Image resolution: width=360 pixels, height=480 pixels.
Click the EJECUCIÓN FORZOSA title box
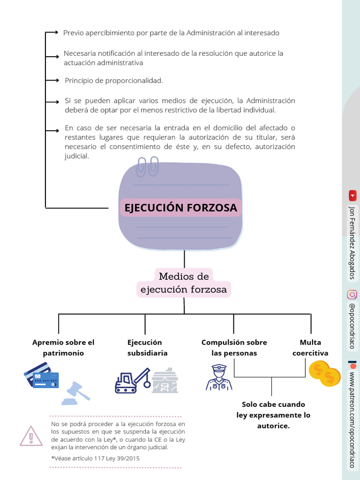[x=180, y=207]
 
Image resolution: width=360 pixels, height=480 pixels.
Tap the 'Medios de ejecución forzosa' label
[x=184, y=283]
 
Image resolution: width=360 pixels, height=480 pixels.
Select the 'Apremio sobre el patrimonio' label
[x=63, y=347]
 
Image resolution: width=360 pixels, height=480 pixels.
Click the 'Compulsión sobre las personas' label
[x=234, y=347]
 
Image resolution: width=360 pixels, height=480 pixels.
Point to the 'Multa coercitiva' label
[x=310, y=347]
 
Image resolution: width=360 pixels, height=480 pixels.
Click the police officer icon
[x=218, y=377]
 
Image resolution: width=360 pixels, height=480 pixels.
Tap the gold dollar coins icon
[x=324, y=374]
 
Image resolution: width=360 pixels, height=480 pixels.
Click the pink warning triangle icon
[x=31, y=436]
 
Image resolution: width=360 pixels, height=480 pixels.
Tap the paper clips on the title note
[x=148, y=167]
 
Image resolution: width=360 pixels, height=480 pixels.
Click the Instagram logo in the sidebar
[x=352, y=294]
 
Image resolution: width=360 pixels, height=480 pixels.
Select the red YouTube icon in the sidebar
[x=352, y=195]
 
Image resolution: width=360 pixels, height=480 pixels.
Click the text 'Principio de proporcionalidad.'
[x=114, y=81]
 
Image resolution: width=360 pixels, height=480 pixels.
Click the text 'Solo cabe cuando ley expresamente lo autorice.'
[x=273, y=415]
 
